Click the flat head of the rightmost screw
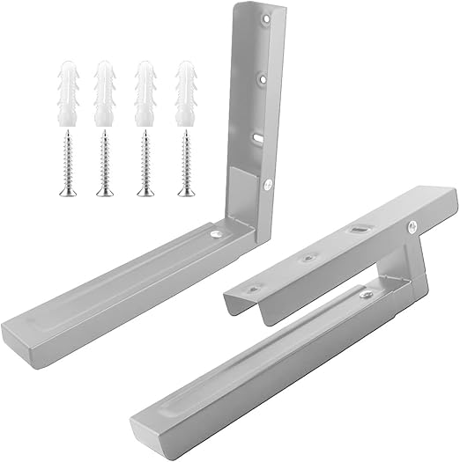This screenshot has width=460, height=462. tap(185, 192)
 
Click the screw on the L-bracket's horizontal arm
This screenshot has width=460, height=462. tap(215, 234)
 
